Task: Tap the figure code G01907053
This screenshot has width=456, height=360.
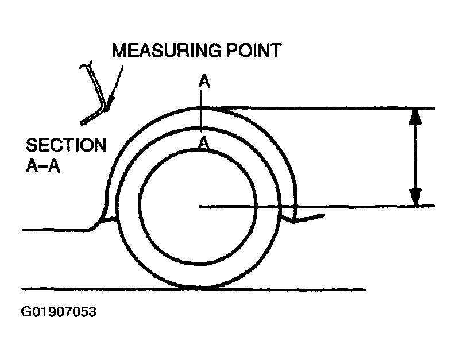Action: (x=58, y=313)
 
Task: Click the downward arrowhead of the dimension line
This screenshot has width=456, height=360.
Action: (x=415, y=198)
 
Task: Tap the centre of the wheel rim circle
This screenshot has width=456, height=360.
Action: (x=198, y=206)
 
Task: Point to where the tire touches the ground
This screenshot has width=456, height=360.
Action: (x=199, y=287)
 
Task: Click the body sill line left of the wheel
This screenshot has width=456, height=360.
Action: (x=55, y=230)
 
